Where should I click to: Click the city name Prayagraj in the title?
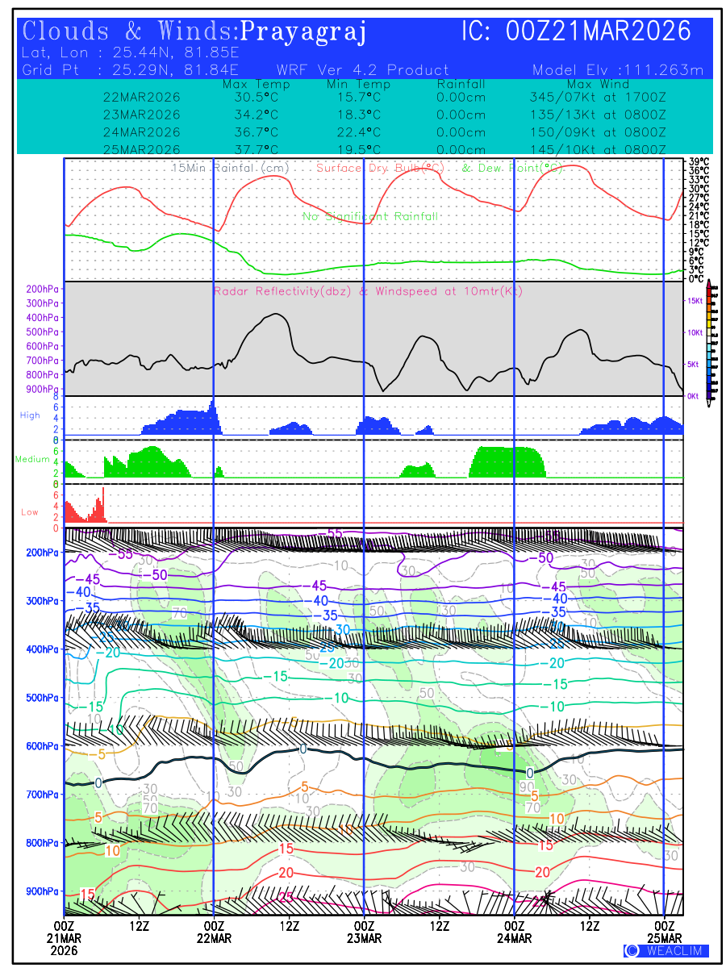304,32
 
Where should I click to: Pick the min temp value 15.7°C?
358,97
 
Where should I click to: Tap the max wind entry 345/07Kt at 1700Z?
597,97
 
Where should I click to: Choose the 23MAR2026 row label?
142,114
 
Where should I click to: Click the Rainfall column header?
461,84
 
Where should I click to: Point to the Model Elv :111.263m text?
618,70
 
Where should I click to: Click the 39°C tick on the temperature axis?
699,162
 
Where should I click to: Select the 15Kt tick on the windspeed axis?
694,301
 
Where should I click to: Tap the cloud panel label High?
30,415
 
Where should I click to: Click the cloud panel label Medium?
32,460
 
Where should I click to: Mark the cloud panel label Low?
29,512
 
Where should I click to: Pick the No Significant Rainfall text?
370,216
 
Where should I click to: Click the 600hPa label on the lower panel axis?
42,746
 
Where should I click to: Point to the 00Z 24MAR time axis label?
514,932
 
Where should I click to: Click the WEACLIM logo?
665,950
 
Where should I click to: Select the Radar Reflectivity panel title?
368,291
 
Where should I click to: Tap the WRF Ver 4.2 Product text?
362,70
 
